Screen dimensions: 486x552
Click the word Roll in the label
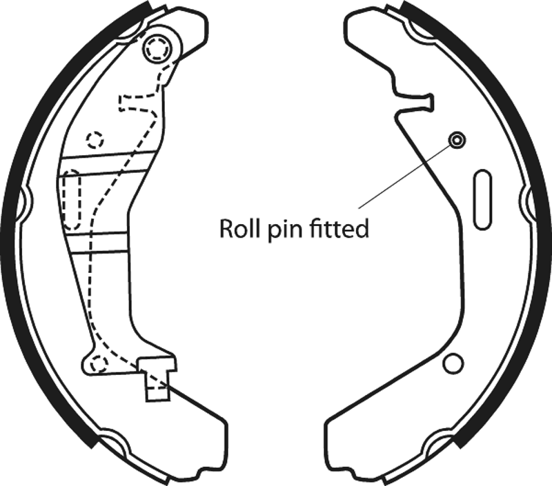coord(236,228)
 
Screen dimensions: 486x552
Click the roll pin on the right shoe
coord(456,141)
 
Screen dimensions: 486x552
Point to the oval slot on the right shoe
coord(482,201)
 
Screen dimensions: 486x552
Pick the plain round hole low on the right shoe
coord(453,363)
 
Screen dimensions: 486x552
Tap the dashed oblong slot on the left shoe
coord(71,200)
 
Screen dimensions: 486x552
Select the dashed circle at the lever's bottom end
coord(99,363)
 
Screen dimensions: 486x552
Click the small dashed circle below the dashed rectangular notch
coord(94,139)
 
